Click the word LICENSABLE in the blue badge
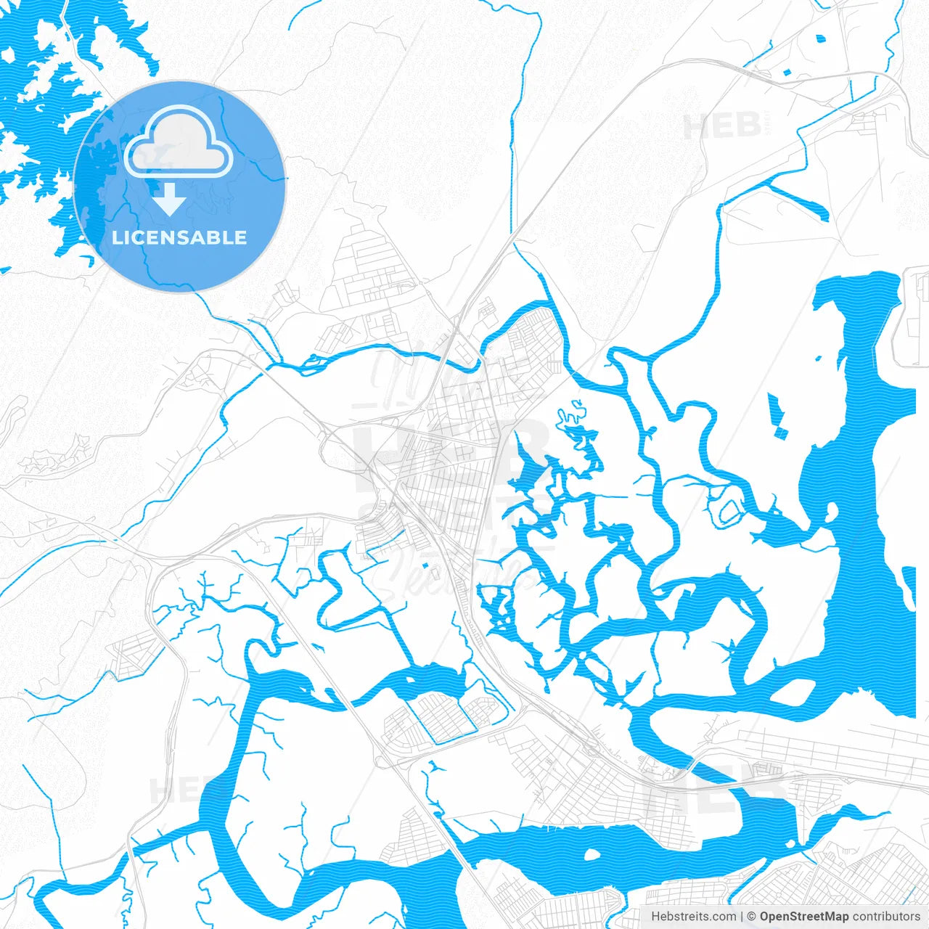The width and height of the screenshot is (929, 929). (x=179, y=238)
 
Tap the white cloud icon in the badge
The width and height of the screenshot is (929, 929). (x=178, y=143)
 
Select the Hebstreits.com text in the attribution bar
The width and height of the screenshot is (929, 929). (x=693, y=917)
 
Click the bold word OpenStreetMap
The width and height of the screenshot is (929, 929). (x=804, y=917)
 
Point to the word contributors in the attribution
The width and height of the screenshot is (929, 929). (x=886, y=917)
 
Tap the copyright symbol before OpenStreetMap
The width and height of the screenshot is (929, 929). (x=752, y=917)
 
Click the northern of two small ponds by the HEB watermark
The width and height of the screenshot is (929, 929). (x=820, y=39)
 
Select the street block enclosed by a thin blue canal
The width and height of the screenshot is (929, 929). (x=439, y=715)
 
